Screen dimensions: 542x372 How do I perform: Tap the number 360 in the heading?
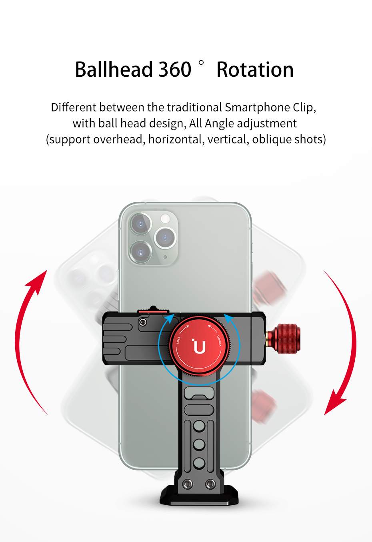coord(175,70)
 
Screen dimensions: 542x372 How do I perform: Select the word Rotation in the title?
coord(255,70)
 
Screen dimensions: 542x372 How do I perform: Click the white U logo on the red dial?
coord(199,346)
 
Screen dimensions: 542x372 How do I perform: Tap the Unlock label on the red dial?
coord(219,341)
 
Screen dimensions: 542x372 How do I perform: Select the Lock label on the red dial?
coord(178,340)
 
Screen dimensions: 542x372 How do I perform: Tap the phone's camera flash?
coord(165,218)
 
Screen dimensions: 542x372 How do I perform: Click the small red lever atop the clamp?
coord(153,310)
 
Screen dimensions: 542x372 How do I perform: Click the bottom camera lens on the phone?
coord(141,252)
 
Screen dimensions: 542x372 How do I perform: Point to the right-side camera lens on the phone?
coord(165,238)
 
